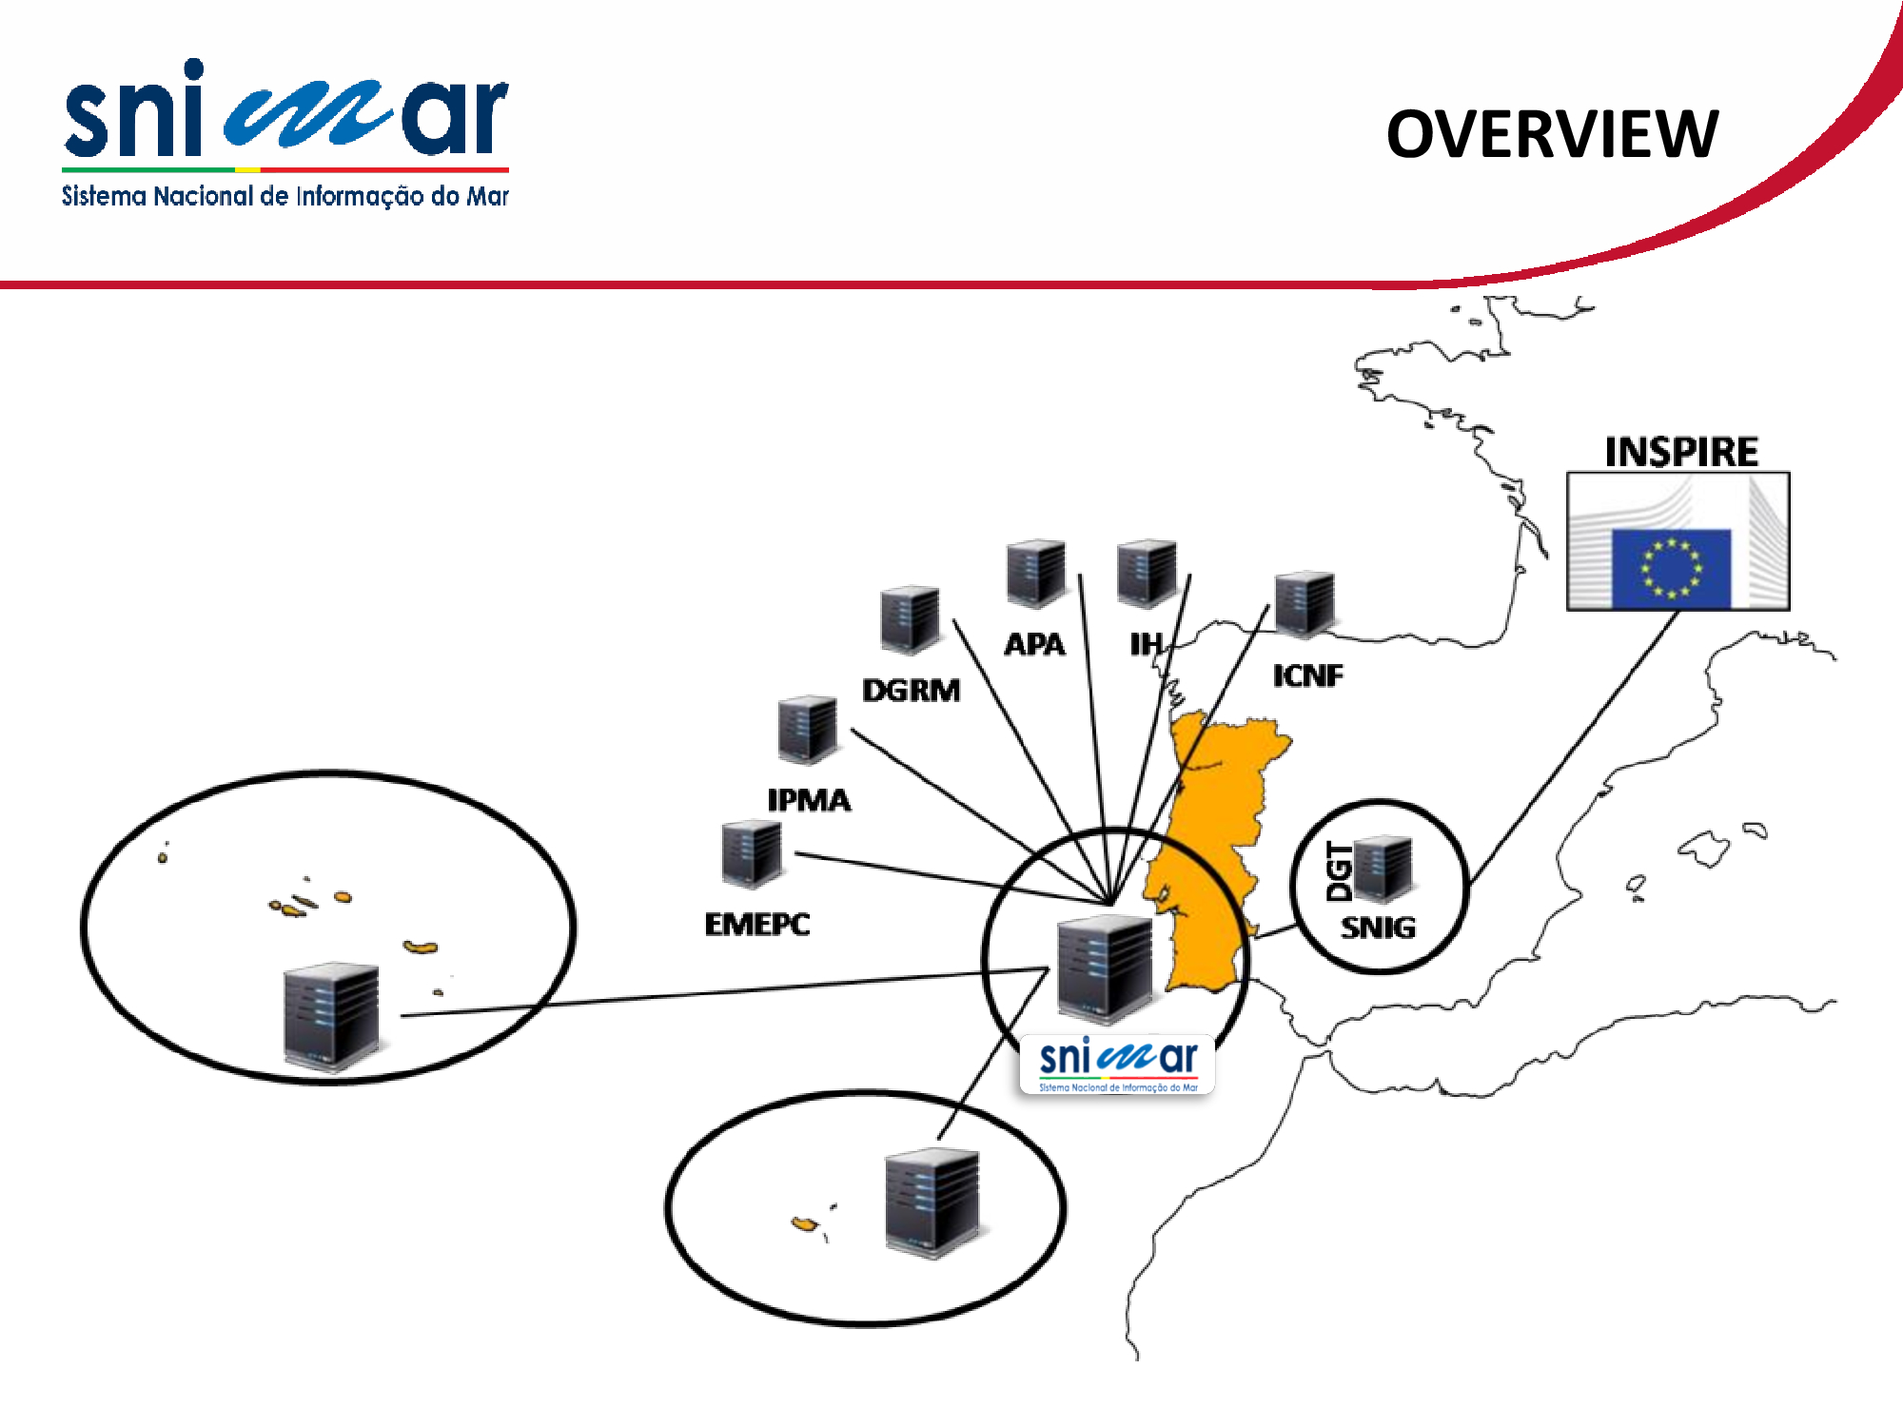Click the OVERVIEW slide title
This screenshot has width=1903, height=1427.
[x=1552, y=134]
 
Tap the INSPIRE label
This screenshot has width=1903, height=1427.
[x=1681, y=452]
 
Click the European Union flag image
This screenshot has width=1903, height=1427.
[x=1678, y=541]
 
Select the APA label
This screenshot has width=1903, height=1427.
[x=1034, y=644]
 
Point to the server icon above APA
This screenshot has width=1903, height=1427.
[x=1036, y=574]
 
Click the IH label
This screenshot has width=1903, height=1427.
[x=1146, y=644]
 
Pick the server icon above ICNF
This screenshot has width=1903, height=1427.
[x=1305, y=604]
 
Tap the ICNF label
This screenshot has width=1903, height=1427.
[x=1308, y=675]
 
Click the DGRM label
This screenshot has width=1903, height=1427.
[x=911, y=690]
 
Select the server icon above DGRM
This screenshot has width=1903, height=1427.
[x=910, y=619]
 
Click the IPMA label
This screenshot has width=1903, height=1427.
[x=809, y=800]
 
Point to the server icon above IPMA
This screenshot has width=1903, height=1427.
[x=808, y=730]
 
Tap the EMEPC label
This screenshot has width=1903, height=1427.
[x=757, y=924]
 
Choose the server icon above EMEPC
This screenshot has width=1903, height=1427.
[x=752, y=854]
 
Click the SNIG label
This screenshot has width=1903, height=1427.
[x=1378, y=928]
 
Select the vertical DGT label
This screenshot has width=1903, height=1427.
[x=1339, y=871]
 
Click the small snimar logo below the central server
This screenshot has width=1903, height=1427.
[x=1117, y=1065]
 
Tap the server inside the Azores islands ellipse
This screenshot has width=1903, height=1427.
[x=331, y=1017]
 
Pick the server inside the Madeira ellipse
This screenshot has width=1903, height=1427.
[x=932, y=1203]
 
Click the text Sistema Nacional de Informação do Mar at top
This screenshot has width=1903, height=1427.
[x=285, y=196]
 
